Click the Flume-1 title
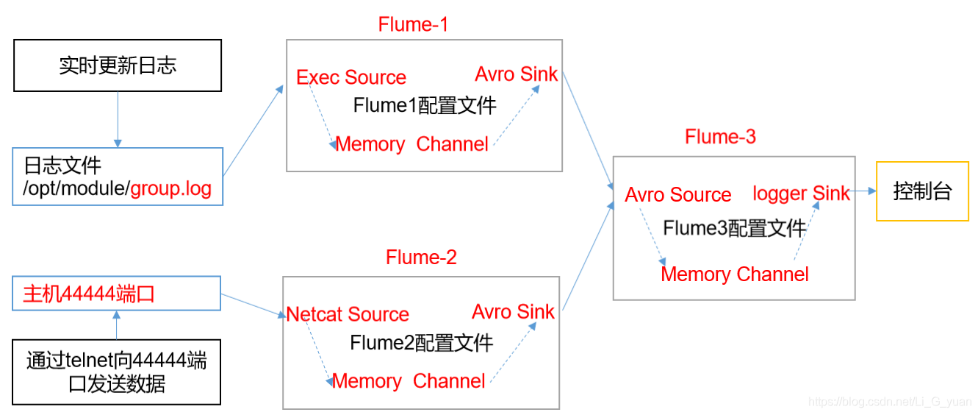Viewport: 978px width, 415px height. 413,24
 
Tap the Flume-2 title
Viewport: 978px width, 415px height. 421,257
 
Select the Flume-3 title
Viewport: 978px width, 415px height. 720,137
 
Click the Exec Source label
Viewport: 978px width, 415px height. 351,77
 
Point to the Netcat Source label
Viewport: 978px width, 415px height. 348,314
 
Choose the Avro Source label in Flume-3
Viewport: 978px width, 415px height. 678,195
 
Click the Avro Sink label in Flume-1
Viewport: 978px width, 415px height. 516,74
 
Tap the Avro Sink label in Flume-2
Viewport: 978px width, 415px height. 513,312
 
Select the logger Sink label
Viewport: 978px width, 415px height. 801,194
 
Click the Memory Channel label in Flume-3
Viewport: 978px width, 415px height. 735,274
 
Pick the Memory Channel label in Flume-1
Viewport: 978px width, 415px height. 411,144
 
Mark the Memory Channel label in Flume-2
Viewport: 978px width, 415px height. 409,381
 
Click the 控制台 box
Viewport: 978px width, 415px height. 922,191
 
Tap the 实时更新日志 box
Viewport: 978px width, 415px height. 118,66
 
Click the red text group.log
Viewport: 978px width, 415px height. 170,189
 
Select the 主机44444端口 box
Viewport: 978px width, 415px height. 117,294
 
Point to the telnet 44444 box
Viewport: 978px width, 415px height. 117,372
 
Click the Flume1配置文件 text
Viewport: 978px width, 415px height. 425,105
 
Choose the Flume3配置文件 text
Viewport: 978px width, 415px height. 735,228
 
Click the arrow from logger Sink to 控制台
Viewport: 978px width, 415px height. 864,191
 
